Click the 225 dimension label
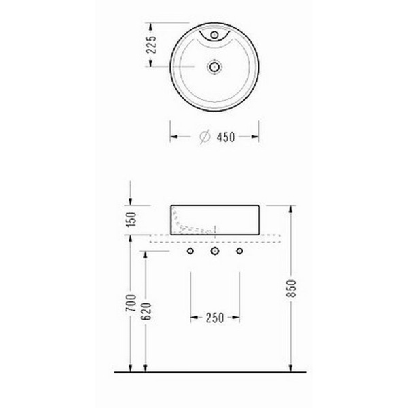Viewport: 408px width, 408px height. pyautogui.click(x=152, y=44)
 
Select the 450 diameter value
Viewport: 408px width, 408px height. pyautogui.click(x=226, y=137)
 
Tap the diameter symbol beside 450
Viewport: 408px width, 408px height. pyautogui.click(x=205, y=137)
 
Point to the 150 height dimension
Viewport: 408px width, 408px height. pyautogui.click(x=131, y=220)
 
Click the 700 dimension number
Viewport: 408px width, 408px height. pyautogui.click(x=131, y=303)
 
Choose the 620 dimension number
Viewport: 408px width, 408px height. pyautogui.click(x=146, y=311)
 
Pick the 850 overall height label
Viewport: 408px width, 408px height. pyautogui.click(x=291, y=288)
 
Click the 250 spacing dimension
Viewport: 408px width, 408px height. pyautogui.click(x=215, y=318)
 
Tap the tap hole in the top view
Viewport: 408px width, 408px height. pyautogui.click(x=214, y=35)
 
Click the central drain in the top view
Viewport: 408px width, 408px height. pyautogui.click(x=214, y=67)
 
